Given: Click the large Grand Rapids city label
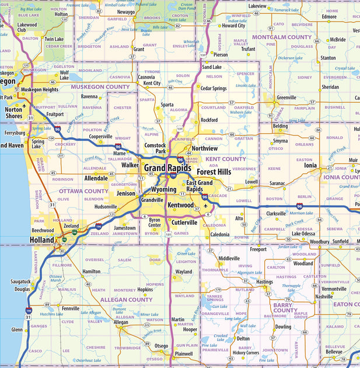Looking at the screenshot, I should point(167,168).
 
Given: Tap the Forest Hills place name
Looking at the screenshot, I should point(214,172).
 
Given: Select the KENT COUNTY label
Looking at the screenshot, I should point(226,159).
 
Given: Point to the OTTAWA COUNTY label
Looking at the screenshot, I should point(88,191).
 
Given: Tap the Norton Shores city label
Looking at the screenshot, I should point(13,112).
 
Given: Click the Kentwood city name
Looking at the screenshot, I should point(180,206).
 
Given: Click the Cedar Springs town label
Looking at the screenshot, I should point(213,88).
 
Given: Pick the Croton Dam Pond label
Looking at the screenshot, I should point(187,6).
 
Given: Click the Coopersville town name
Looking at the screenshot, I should point(100,136).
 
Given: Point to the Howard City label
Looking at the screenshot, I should point(233,26).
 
